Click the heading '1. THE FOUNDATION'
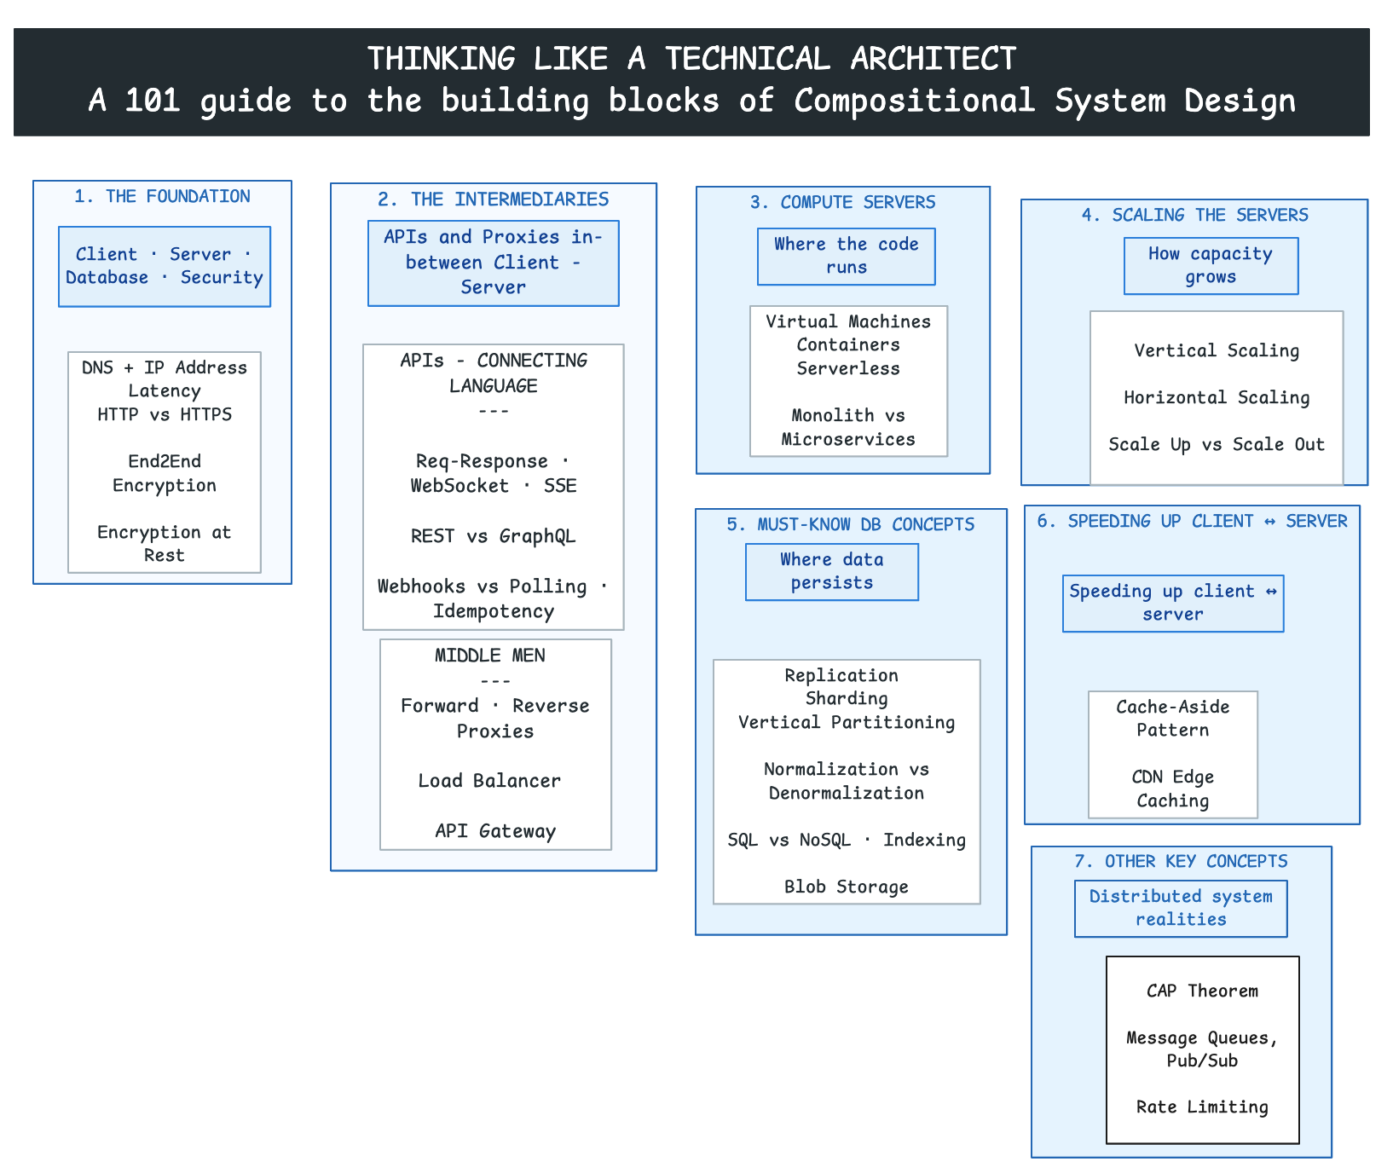[x=162, y=197]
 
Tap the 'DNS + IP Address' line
[x=165, y=367]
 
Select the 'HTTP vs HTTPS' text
[x=165, y=414]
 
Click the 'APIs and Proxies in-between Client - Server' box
[x=494, y=263]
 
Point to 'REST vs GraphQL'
[x=494, y=536]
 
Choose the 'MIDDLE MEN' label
[x=490, y=656]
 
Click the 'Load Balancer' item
[x=489, y=781]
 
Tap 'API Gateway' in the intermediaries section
[x=495, y=831]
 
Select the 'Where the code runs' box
[x=847, y=257]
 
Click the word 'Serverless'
[x=848, y=368]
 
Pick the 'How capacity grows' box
[x=1211, y=266]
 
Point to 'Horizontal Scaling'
[x=1217, y=398]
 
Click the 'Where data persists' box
[x=832, y=572]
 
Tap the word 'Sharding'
[x=847, y=699]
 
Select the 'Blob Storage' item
[x=847, y=887]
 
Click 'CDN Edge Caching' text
[x=1173, y=789]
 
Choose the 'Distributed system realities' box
[x=1182, y=909]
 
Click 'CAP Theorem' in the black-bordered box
[x=1203, y=991]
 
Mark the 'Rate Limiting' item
[x=1203, y=1107]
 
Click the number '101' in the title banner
[x=153, y=101]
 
